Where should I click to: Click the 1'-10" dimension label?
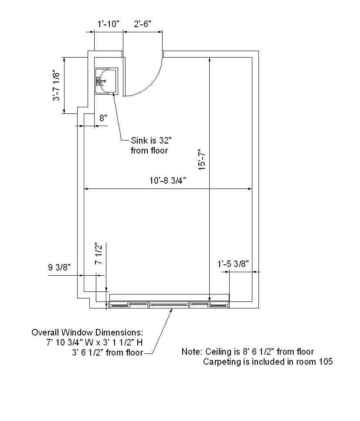[108, 24]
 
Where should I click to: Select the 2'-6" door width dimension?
[143, 24]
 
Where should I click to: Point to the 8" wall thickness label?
[103, 118]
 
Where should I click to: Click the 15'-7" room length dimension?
[202, 160]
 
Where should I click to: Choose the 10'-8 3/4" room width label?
[168, 181]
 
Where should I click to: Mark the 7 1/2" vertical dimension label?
[99, 254]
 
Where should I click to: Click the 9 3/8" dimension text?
[59, 267]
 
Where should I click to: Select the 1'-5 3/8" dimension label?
[233, 264]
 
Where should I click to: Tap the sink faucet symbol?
[101, 81]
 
